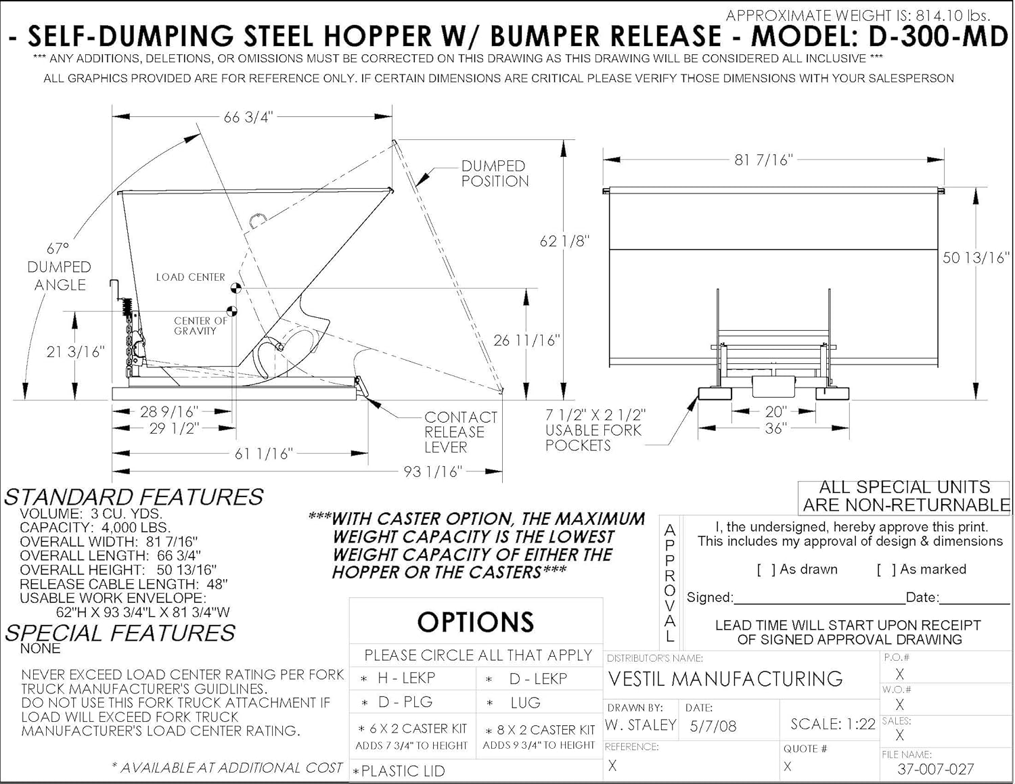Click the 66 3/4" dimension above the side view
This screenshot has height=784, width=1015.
[248, 117]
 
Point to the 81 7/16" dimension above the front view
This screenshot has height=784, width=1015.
[763, 160]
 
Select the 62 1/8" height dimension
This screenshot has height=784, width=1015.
[564, 241]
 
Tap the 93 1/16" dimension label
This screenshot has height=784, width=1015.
[432, 471]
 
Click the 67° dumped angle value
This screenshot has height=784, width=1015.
[58, 249]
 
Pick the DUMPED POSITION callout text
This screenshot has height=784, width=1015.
[494, 174]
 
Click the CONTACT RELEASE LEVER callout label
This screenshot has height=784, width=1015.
[460, 432]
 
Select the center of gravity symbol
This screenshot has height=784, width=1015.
[231, 312]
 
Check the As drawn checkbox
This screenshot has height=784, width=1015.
[766, 570]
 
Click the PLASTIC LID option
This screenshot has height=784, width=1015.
[403, 770]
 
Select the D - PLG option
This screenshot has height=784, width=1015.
[405, 702]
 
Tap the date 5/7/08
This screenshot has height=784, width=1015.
[713, 727]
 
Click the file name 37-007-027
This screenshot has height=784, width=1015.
[935, 769]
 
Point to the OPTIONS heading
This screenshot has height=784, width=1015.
[475, 622]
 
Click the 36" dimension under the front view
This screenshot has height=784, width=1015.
[775, 428]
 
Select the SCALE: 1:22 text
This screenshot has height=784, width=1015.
[832, 724]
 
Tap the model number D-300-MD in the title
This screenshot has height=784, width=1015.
[939, 36]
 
